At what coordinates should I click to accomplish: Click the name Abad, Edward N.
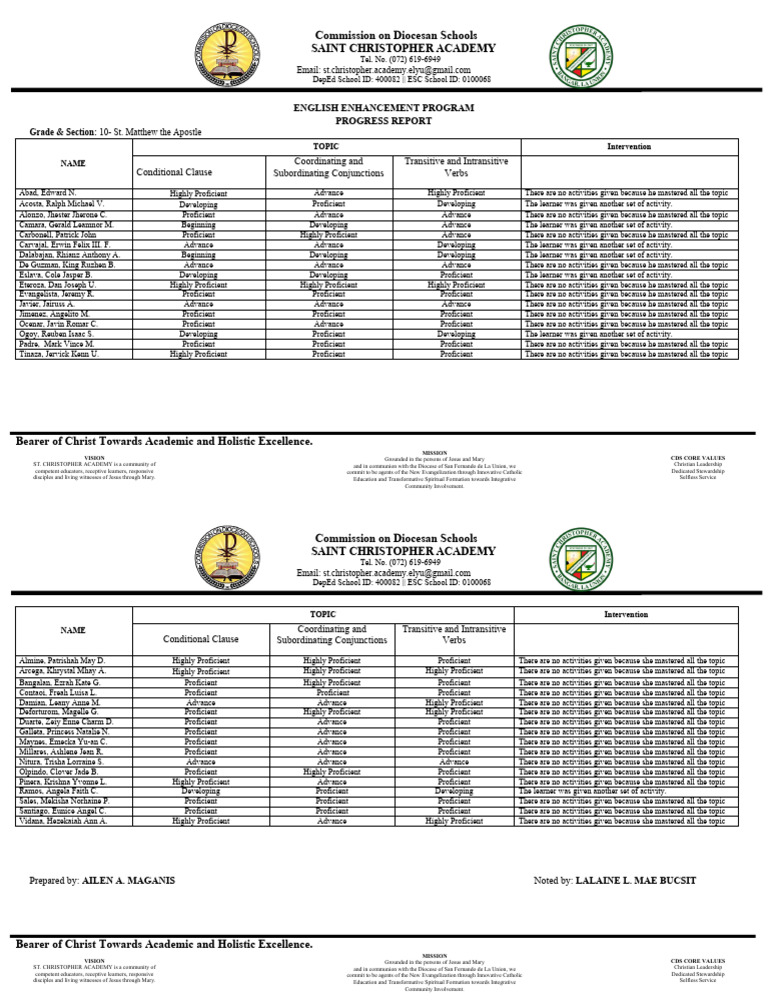45,192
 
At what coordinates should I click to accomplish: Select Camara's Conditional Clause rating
198,225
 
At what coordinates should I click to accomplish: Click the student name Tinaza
58,353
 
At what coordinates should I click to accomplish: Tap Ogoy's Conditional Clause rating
198,333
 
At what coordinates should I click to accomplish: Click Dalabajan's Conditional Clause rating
198,254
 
